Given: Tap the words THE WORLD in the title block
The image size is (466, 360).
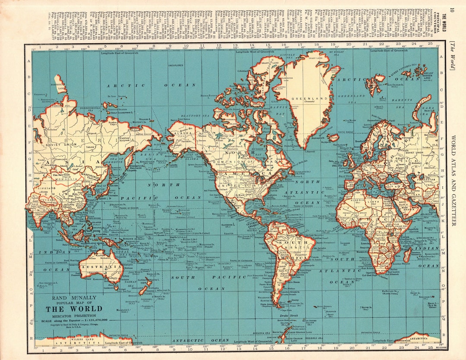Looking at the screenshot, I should click(74, 309).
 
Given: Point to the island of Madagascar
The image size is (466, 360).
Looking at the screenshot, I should click(407, 255).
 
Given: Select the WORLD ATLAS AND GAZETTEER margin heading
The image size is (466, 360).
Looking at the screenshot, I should click(453, 181).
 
